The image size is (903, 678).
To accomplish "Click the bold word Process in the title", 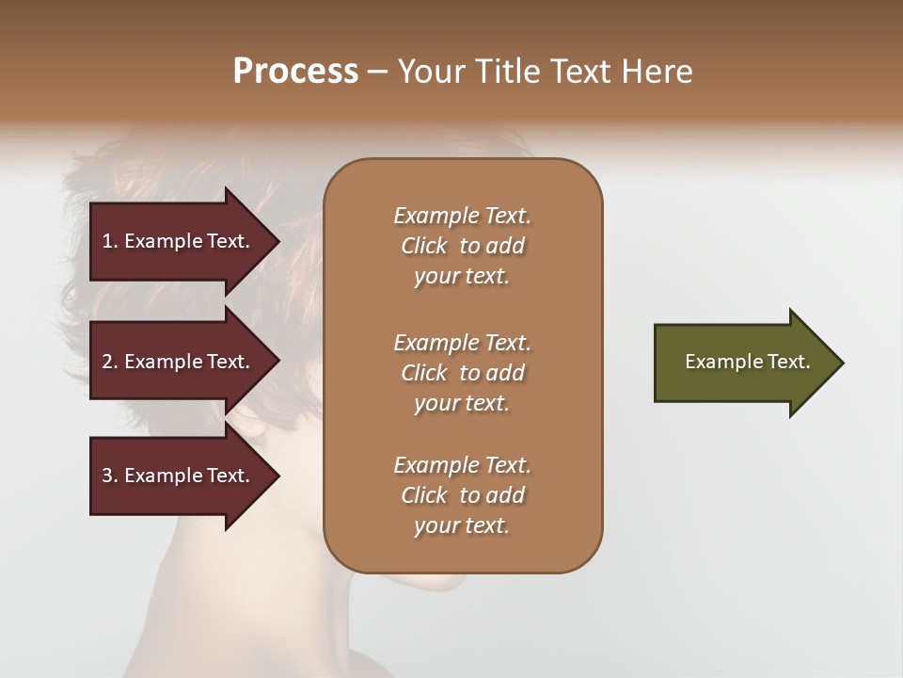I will (295, 72).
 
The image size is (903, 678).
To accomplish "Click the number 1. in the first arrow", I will (109, 241).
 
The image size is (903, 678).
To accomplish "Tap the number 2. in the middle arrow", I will (109, 362).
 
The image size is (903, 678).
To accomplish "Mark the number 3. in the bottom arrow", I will (109, 476).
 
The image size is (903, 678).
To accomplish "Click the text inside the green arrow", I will (748, 362).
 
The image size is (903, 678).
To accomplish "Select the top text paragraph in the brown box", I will (462, 246).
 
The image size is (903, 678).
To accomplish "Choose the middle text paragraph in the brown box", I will (462, 373).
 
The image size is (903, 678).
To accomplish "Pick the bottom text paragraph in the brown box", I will (462, 495).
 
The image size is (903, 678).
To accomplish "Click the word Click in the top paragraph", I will (424, 246).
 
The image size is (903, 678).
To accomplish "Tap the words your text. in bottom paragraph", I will (462, 526).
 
